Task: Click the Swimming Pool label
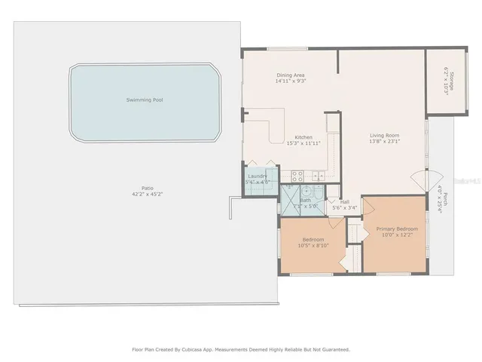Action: tap(145, 100)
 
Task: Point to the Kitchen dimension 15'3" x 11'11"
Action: tap(304, 143)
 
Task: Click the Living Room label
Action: tap(384, 135)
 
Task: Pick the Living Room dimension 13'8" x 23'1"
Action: tap(384, 141)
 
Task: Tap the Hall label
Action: tap(344, 201)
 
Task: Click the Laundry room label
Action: tap(258, 176)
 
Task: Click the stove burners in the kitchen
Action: tap(297, 176)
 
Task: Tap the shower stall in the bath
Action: tap(289, 198)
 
